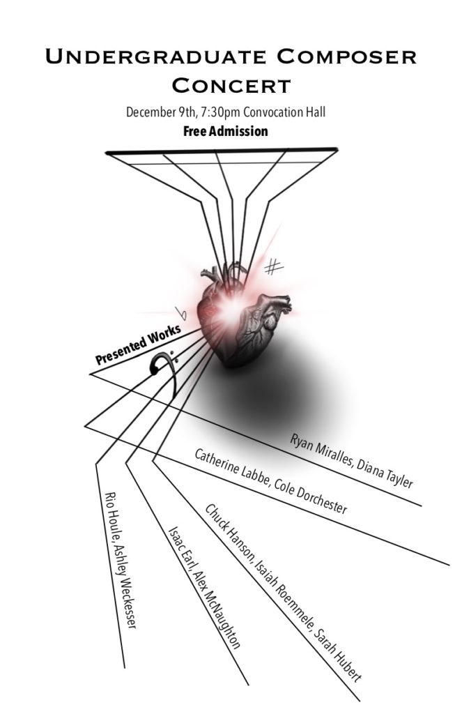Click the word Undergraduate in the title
click(x=155, y=57)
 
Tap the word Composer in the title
click(x=347, y=57)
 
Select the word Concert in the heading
click(x=231, y=85)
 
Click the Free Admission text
click(x=226, y=131)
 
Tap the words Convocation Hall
click(x=284, y=112)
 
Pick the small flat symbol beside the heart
click(x=182, y=313)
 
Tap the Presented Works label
click(x=138, y=344)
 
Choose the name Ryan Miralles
click(x=321, y=452)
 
